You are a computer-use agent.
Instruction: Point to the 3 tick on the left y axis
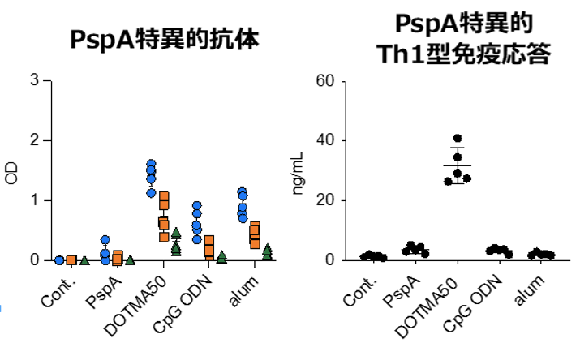pos(34,81)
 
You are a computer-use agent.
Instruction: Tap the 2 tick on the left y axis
pos(34,141)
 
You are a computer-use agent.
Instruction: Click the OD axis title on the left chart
pos(11,172)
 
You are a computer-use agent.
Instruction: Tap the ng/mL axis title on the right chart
pos(299,172)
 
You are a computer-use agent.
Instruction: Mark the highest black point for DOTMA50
pos(458,139)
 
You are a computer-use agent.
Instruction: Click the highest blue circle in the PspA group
pos(105,240)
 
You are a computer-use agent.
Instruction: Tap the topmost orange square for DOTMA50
pos(164,196)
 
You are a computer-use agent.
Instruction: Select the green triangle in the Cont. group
pos(84,260)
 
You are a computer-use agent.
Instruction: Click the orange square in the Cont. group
pos(71,260)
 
